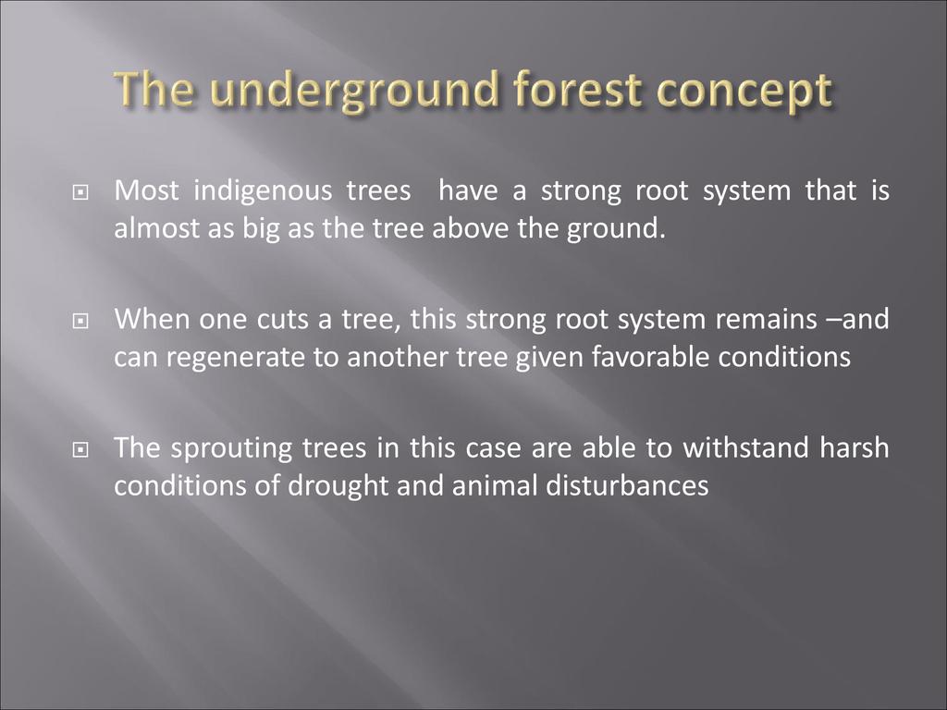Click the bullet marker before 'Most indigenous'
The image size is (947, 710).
coord(80,193)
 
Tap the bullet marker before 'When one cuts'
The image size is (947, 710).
coord(80,321)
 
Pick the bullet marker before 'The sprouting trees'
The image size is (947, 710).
coord(80,450)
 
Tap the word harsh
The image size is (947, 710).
coord(855,448)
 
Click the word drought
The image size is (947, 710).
coord(338,487)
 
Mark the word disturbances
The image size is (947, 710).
coord(628,486)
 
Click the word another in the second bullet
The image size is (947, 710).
coord(397,358)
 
